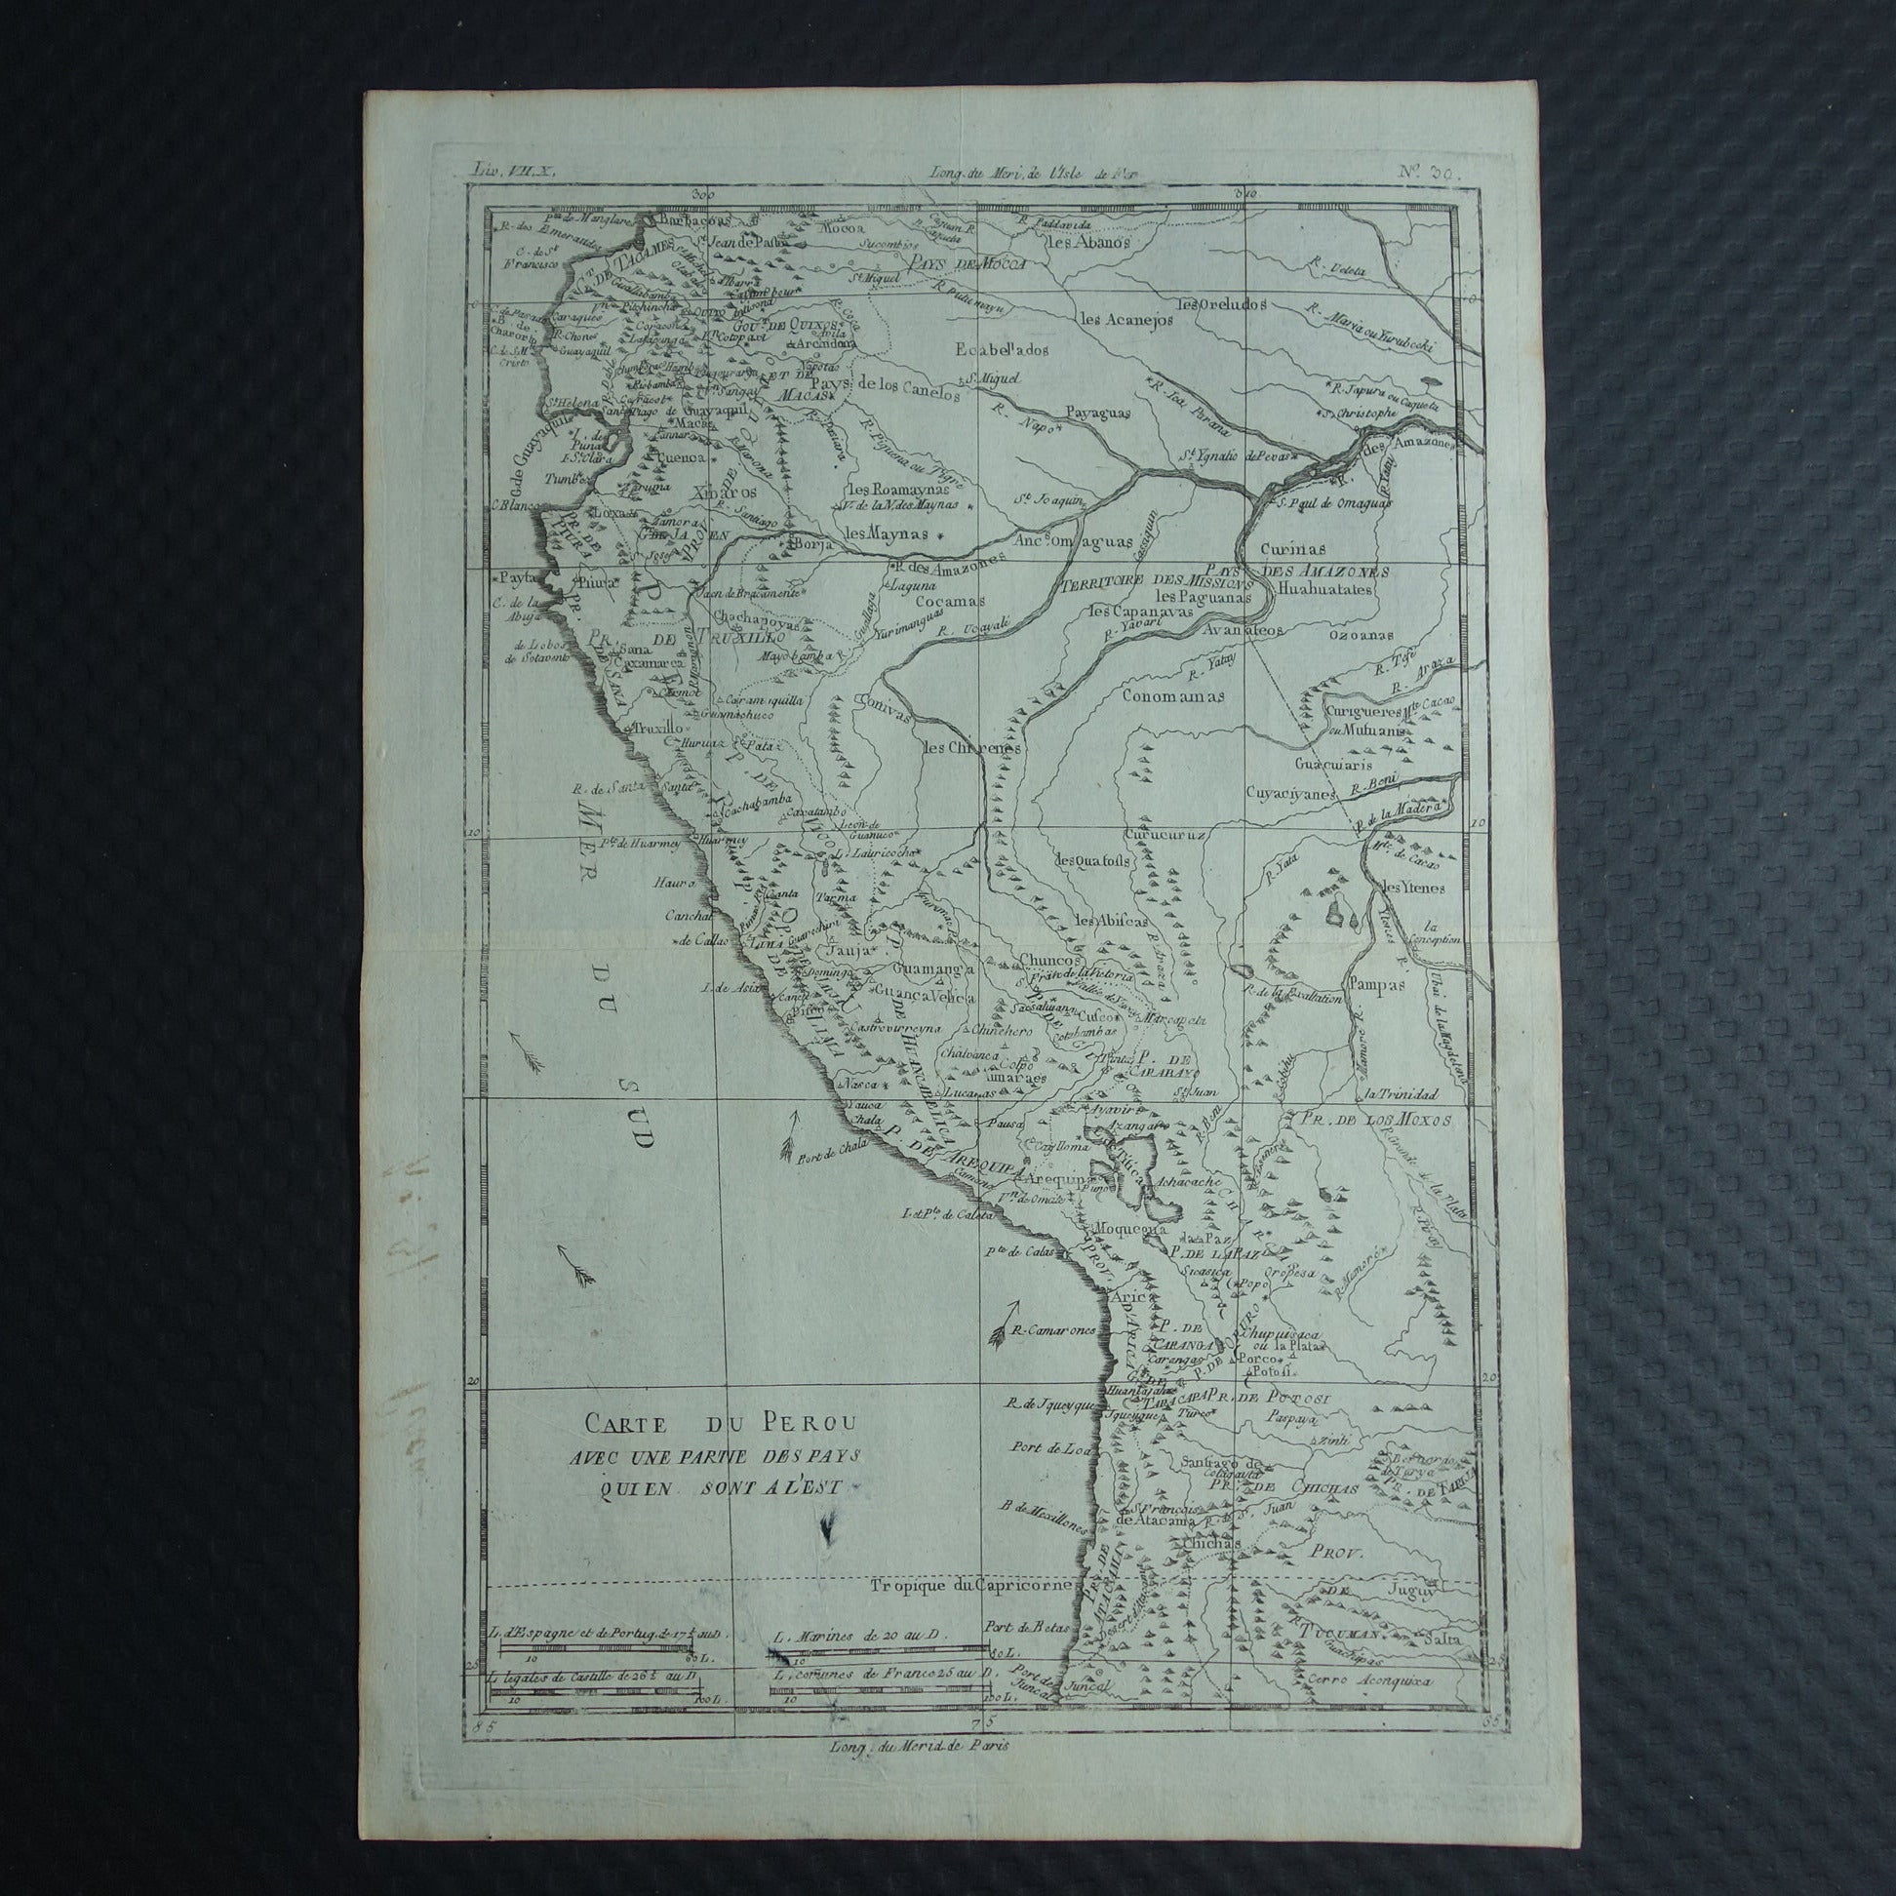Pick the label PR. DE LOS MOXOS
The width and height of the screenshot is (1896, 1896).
(x=1374, y=1119)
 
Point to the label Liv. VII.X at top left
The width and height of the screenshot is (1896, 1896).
(x=513, y=169)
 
